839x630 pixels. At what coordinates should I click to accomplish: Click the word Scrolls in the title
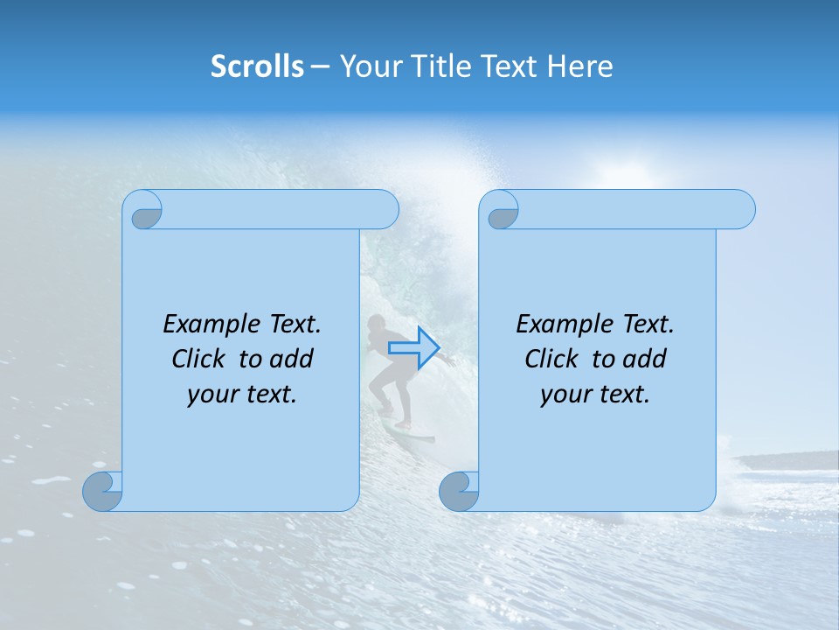[x=258, y=66]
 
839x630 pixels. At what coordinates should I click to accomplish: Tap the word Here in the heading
[x=580, y=66]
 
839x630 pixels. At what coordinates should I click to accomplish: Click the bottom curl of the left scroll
[x=103, y=491]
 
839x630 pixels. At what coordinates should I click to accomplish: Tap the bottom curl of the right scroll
[x=459, y=491]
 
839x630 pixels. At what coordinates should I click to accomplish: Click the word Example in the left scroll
[x=211, y=325]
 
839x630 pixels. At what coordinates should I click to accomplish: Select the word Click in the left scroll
[x=198, y=360]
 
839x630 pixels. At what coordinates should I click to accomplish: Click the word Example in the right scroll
[x=565, y=325]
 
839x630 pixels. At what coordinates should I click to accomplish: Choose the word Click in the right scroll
[x=551, y=360]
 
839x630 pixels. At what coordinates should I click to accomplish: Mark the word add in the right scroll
[x=645, y=360]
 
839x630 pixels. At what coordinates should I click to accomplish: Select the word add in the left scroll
[x=292, y=360]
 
